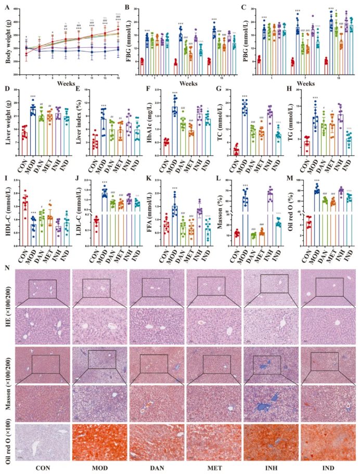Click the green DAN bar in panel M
(309, 220)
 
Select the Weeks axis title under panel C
(307, 83)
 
